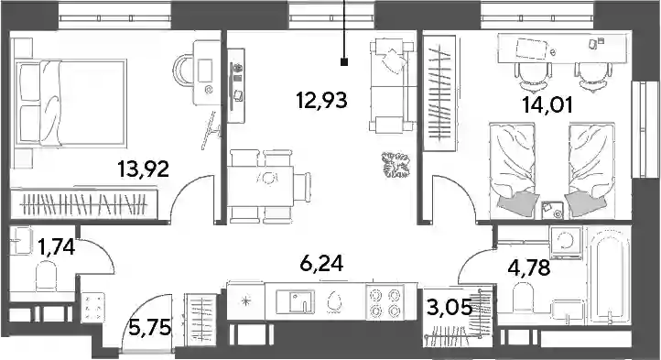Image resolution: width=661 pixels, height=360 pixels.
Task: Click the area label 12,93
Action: click(x=322, y=101)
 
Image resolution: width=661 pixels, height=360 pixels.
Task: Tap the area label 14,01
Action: click(x=547, y=105)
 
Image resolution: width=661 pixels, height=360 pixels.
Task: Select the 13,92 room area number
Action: click(x=144, y=169)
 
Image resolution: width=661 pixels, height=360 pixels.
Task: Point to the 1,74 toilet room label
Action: click(x=57, y=247)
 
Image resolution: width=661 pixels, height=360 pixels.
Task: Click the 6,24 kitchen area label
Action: click(x=321, y=264)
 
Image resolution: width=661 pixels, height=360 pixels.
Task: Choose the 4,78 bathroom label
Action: click(x=530, y=267)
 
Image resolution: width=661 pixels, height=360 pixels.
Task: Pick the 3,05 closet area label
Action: click(x=450, y=308)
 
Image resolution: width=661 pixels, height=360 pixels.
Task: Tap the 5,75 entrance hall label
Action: click(x=149, y=328)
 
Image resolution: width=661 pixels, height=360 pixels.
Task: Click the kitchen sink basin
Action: click(x=296, y=300)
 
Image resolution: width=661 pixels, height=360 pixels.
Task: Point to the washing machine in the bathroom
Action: click(x=566, y=243)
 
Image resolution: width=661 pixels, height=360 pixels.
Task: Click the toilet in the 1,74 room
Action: click(x=46, y=276)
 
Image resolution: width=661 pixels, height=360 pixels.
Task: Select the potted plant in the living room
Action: click(x=396, y=165)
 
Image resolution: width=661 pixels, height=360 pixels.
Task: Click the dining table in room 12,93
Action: click(x=261, y=186)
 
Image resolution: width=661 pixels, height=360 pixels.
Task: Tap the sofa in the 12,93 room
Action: click(x=392, y=84)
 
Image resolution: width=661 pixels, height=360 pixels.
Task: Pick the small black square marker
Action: click(x=344, y=62)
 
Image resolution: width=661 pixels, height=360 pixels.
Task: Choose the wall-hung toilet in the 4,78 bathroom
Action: click(x=523, y=296)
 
